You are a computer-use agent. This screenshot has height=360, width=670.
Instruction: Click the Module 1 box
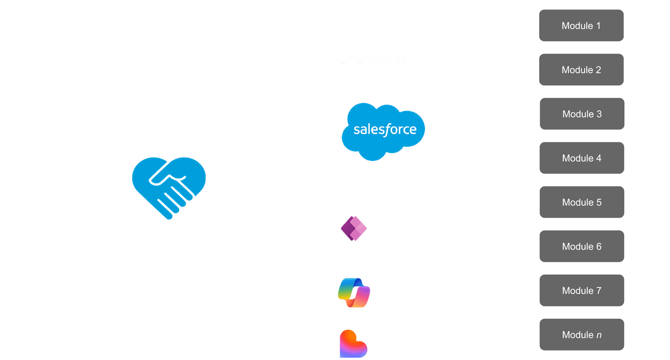point(581,25)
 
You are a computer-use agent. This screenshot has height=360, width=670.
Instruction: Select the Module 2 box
point(581,70)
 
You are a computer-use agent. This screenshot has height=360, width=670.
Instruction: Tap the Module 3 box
point(581,114)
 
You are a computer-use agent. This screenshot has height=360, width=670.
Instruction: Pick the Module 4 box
point(581,158)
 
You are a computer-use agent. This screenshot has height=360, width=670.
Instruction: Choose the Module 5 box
point(581,202)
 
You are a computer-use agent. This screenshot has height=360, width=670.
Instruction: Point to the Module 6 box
point(581,246)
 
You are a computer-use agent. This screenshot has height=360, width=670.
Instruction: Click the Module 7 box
point(581,290)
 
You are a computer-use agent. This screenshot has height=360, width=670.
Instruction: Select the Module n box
point(581,334)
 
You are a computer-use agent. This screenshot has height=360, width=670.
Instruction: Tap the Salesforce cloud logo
point(385,131)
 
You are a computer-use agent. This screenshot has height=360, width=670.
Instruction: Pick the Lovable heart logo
point(352,344)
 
